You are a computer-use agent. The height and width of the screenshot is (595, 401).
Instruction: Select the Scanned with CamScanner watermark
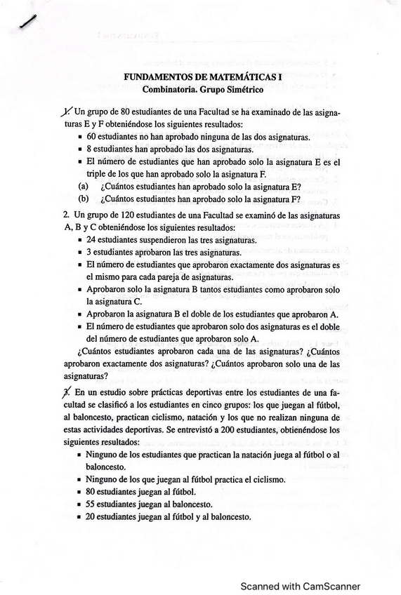301,586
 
